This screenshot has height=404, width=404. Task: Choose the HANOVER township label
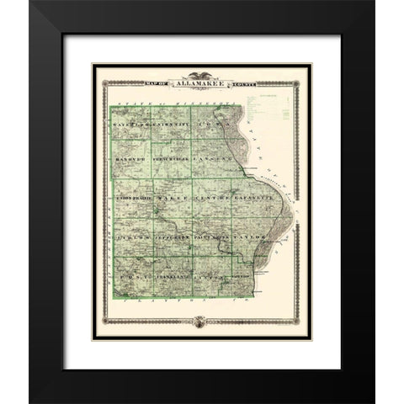point(129,158)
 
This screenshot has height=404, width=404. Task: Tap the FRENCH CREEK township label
point(169,158)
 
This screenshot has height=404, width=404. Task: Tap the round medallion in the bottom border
point(201,319)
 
